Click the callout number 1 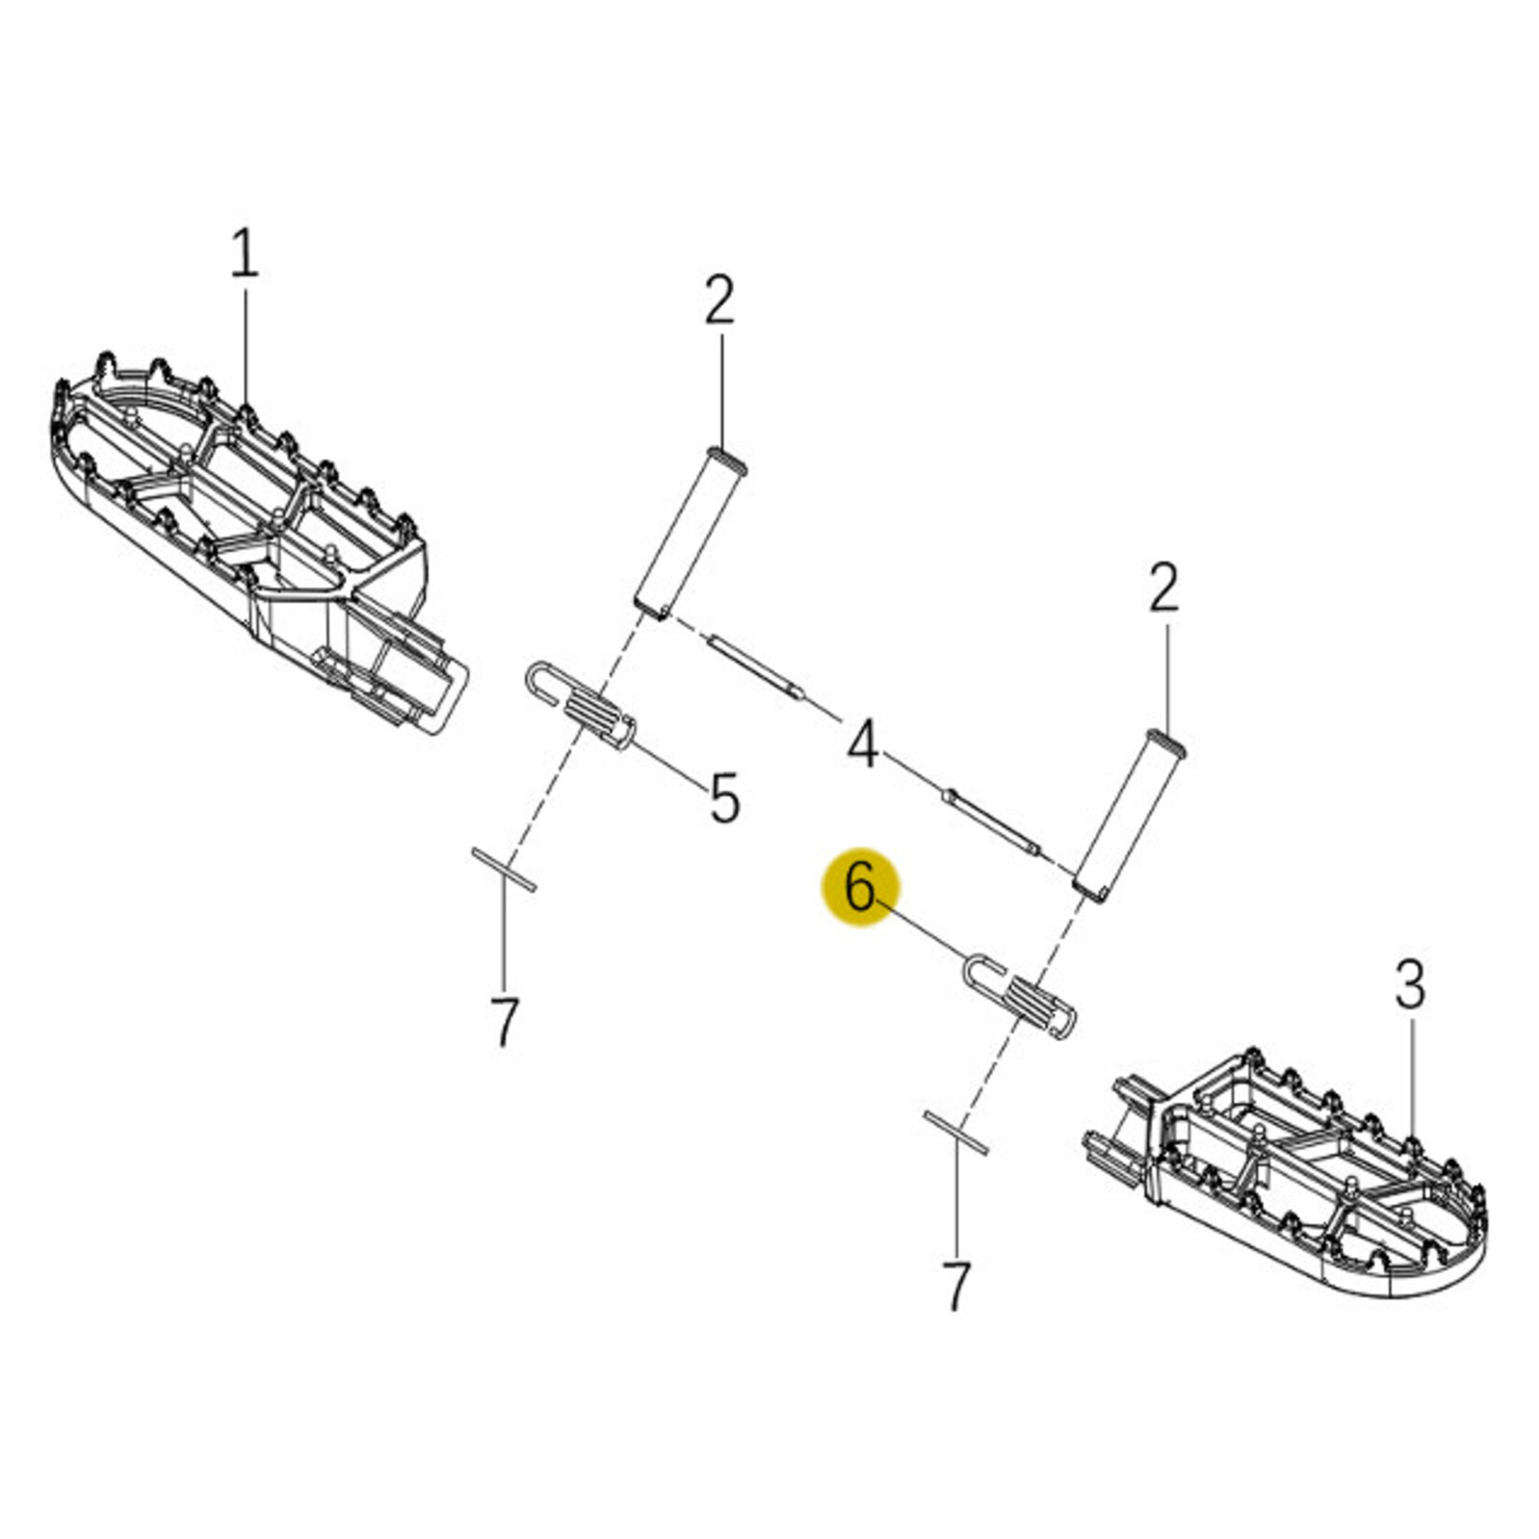tap(245, 253)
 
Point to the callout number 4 tap(863, 743)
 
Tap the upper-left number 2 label tap(719, 300)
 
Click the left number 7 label tap(504, 1022)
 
